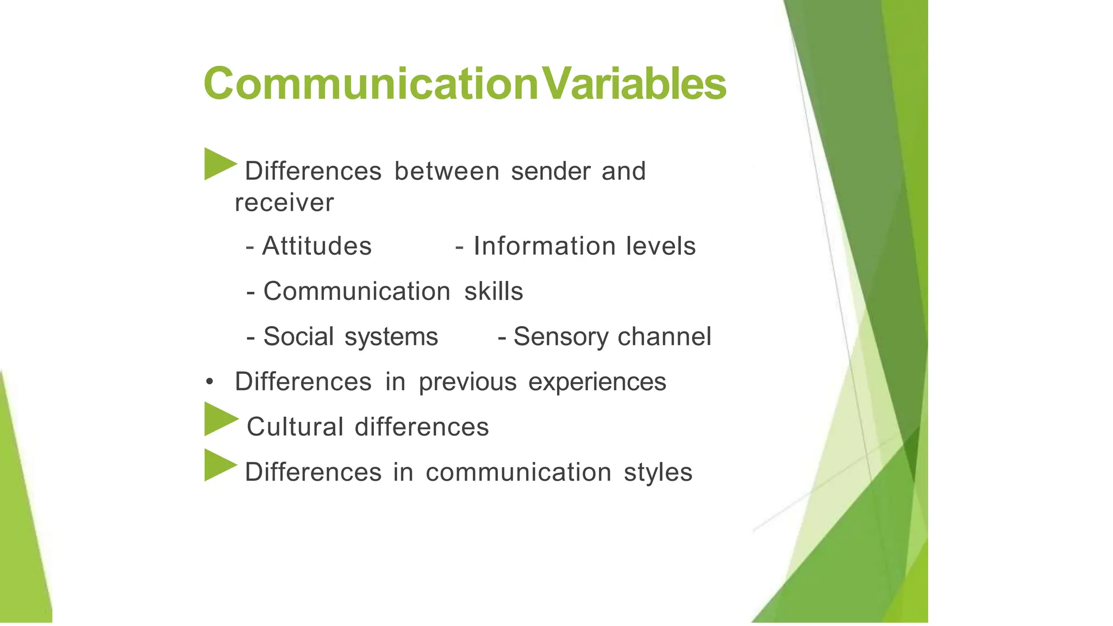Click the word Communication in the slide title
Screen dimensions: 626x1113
tap(371, 84)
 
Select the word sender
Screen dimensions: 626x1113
tap(551, 171)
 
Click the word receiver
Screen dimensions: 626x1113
tap(284, 203)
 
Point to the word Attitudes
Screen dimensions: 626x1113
tap(317, 246)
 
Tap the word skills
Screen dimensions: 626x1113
tap(493, 291)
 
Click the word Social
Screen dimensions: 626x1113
tap(298, 336)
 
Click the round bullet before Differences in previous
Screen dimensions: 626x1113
tap(210, 382)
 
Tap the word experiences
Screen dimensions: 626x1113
tap(597, 383)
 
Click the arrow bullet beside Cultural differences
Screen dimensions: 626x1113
tap(220, 419)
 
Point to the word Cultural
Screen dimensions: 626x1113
tap(295, 427)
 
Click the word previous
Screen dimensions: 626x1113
tap(467, 383)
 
